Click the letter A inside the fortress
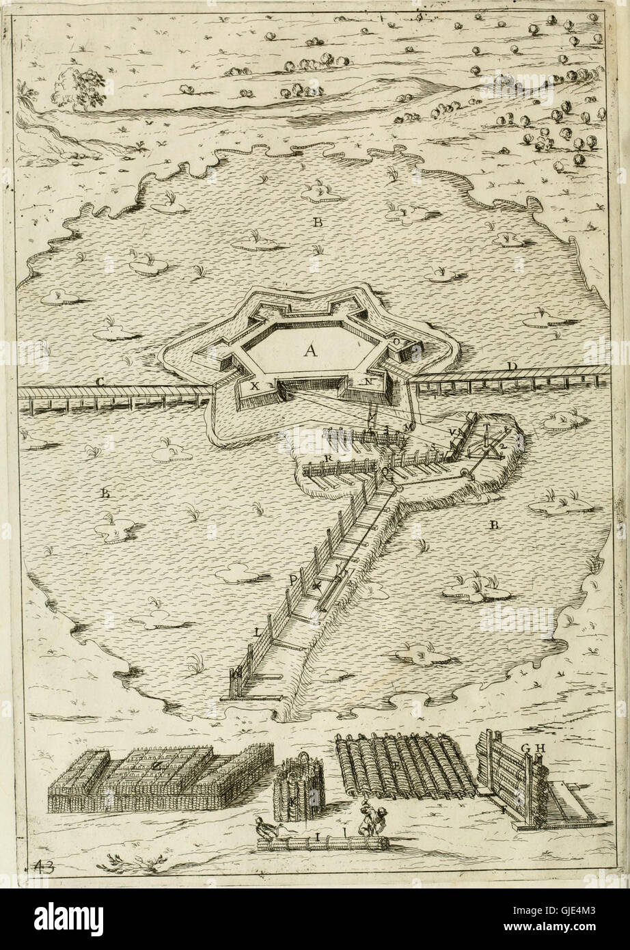click(310, 351)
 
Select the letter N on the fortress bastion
click(368, 383)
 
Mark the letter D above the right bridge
click(511, 368)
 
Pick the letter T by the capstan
click(487, 429)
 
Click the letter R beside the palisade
click(329, 457)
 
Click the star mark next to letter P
click(316, 586)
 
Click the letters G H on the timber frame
click(527, 748)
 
